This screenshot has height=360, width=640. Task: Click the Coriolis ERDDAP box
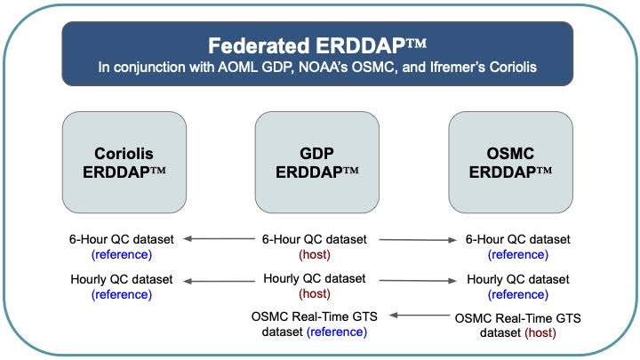point(124,163)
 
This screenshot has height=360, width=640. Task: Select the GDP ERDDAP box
point(317,163)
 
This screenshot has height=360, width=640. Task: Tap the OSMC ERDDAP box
point(510,163)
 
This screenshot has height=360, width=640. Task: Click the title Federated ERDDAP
point(317,45)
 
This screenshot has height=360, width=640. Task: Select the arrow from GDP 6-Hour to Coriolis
point(219,239)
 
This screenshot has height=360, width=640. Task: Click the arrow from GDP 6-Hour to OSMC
point(418,240)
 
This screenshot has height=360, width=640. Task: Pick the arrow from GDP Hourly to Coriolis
point(219,281)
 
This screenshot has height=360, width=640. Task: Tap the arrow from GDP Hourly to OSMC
point(418,280)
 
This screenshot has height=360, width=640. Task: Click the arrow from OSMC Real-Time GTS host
point(420,315)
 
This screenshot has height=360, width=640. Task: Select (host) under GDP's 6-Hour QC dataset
point(315,255)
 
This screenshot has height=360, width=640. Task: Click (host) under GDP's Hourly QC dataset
point(315,294)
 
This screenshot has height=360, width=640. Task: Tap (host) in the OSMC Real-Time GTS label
point(540,333)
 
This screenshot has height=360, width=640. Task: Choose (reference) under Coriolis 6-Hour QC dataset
point(122,255)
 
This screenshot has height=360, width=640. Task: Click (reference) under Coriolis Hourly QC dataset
point(122,295)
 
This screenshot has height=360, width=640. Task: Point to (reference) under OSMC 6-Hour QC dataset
point(518,255)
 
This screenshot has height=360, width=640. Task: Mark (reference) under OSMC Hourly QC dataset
point(518,295)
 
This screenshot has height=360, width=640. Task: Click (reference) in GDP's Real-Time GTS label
point(337,332)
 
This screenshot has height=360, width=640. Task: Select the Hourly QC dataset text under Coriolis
point(122,280)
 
